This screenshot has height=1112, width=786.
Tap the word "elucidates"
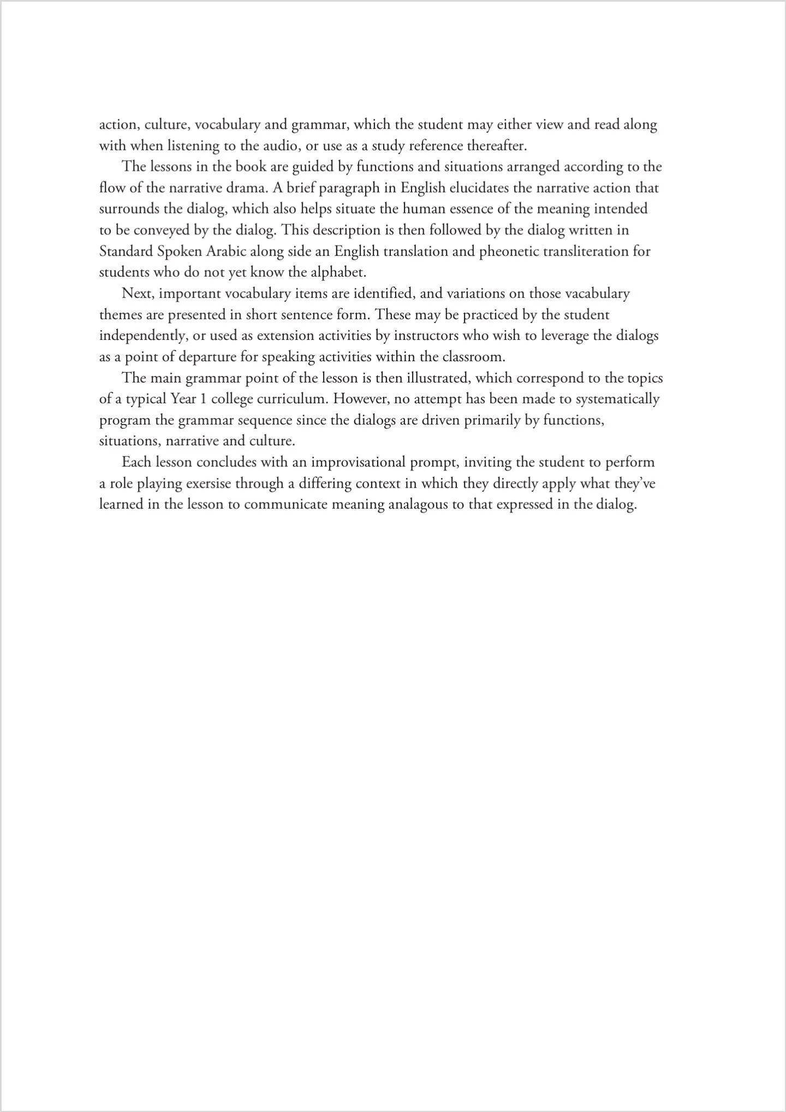(483, 188)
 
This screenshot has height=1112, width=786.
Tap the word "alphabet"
(338, 273)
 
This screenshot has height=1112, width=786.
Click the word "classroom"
(473, 357)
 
